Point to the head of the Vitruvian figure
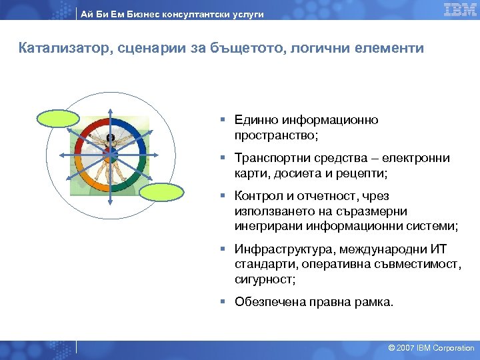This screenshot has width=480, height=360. tap(110, 138)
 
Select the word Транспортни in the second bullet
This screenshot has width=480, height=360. tap(269, 158)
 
